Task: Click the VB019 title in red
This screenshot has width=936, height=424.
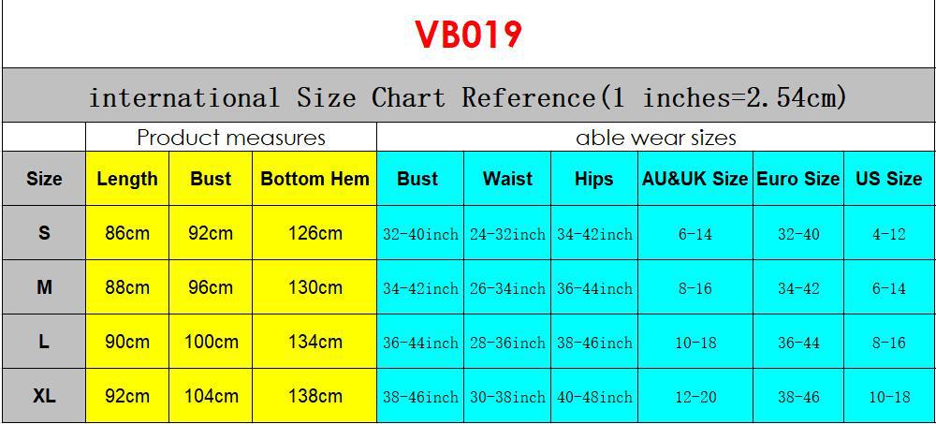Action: pyautogui.click(x=468, y=35)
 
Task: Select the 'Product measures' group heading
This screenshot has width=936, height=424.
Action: pyautogui.click(x=230, y=138)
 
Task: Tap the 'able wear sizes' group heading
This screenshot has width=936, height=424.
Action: pyautogui.click(x=655, y=138)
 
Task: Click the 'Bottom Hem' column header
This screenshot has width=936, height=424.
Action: pyautogui.click(x=314, y=179)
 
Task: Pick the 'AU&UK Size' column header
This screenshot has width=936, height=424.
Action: pyautogui.click(x=695, y=179)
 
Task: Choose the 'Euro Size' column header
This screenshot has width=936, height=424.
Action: pyautogui.click(x=797, y=179)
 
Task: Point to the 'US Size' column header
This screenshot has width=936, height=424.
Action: pyautogui.click(x=888, y=179)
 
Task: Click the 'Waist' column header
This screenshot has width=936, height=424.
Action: pyautogui.click(x=507, y=179)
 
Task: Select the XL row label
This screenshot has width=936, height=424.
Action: pyautogui.click(x=44, y=396)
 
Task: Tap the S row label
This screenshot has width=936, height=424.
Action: pyautogui.click(x=44, y=233)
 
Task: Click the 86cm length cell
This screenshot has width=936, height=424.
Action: pyautogui.click(x=127, y=233)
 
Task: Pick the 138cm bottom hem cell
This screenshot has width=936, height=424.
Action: pyautogui.click(x=314, y=396)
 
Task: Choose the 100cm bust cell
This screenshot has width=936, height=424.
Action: pyautogui.click(x=211, y=342)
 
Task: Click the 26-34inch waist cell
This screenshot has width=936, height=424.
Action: pyautogui.click(x=507, y=288)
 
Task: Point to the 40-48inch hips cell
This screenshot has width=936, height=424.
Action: pyautogui.click(x=594, y=397)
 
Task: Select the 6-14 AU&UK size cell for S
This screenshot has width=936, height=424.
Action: pyautogui.click(x=695, y=234)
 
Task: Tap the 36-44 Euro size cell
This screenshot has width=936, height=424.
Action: pyautogui.click(x=798, y=343)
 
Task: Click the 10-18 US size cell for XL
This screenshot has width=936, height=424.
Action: pyautogui.click(x=888, y=397)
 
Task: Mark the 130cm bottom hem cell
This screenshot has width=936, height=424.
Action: pyautogui.click(x=314, y=287)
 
